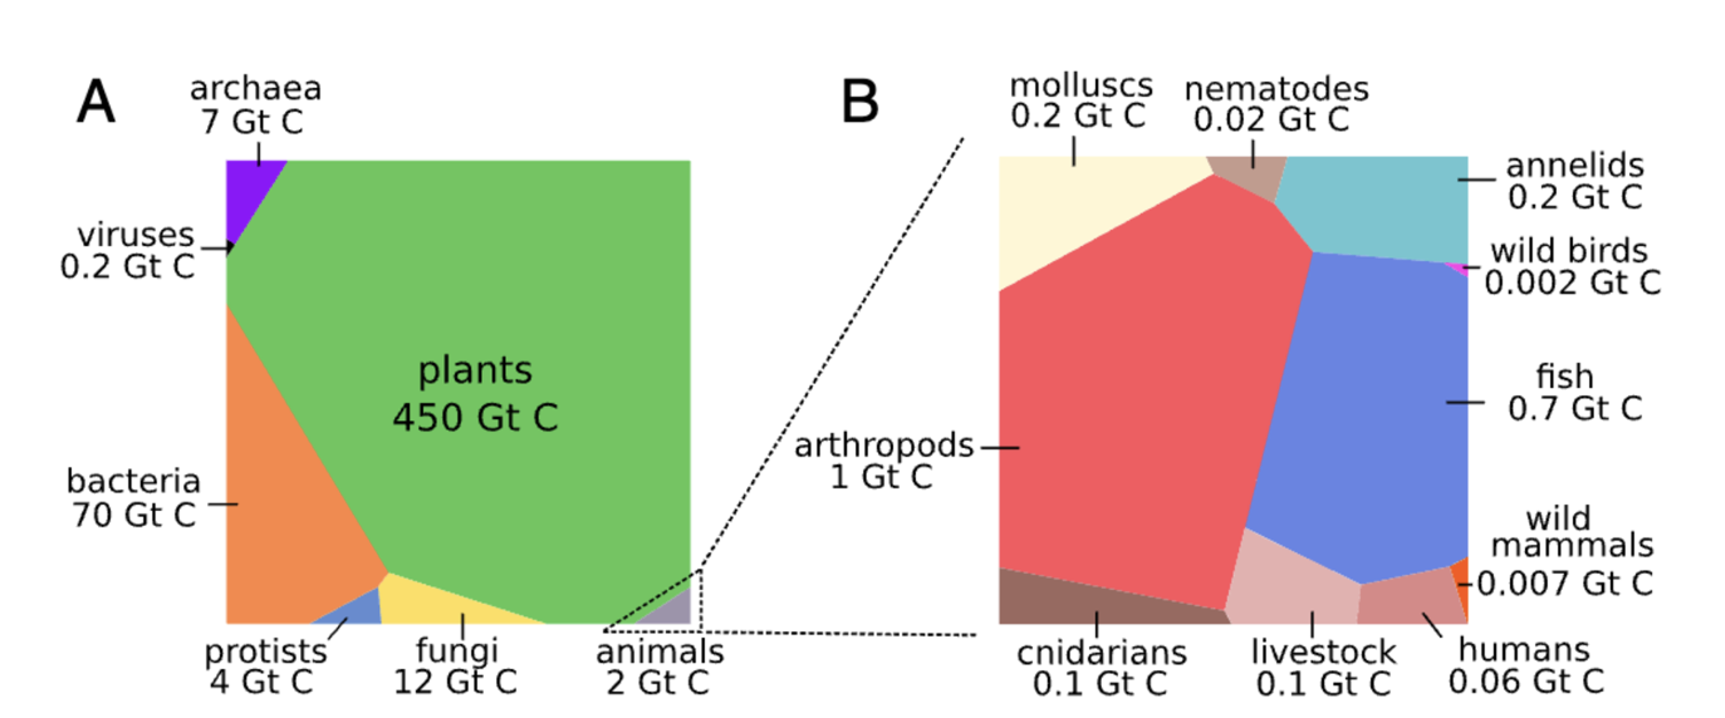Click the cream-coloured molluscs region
[x=1071, y=214]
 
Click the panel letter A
[x=95, y=102]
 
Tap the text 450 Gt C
[x=475, y=417]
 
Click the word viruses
[x=135, y=234]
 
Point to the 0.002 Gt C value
[x=1572, y=283]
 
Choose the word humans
[x=1524, y=650]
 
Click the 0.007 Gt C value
[x=1564, y=584]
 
